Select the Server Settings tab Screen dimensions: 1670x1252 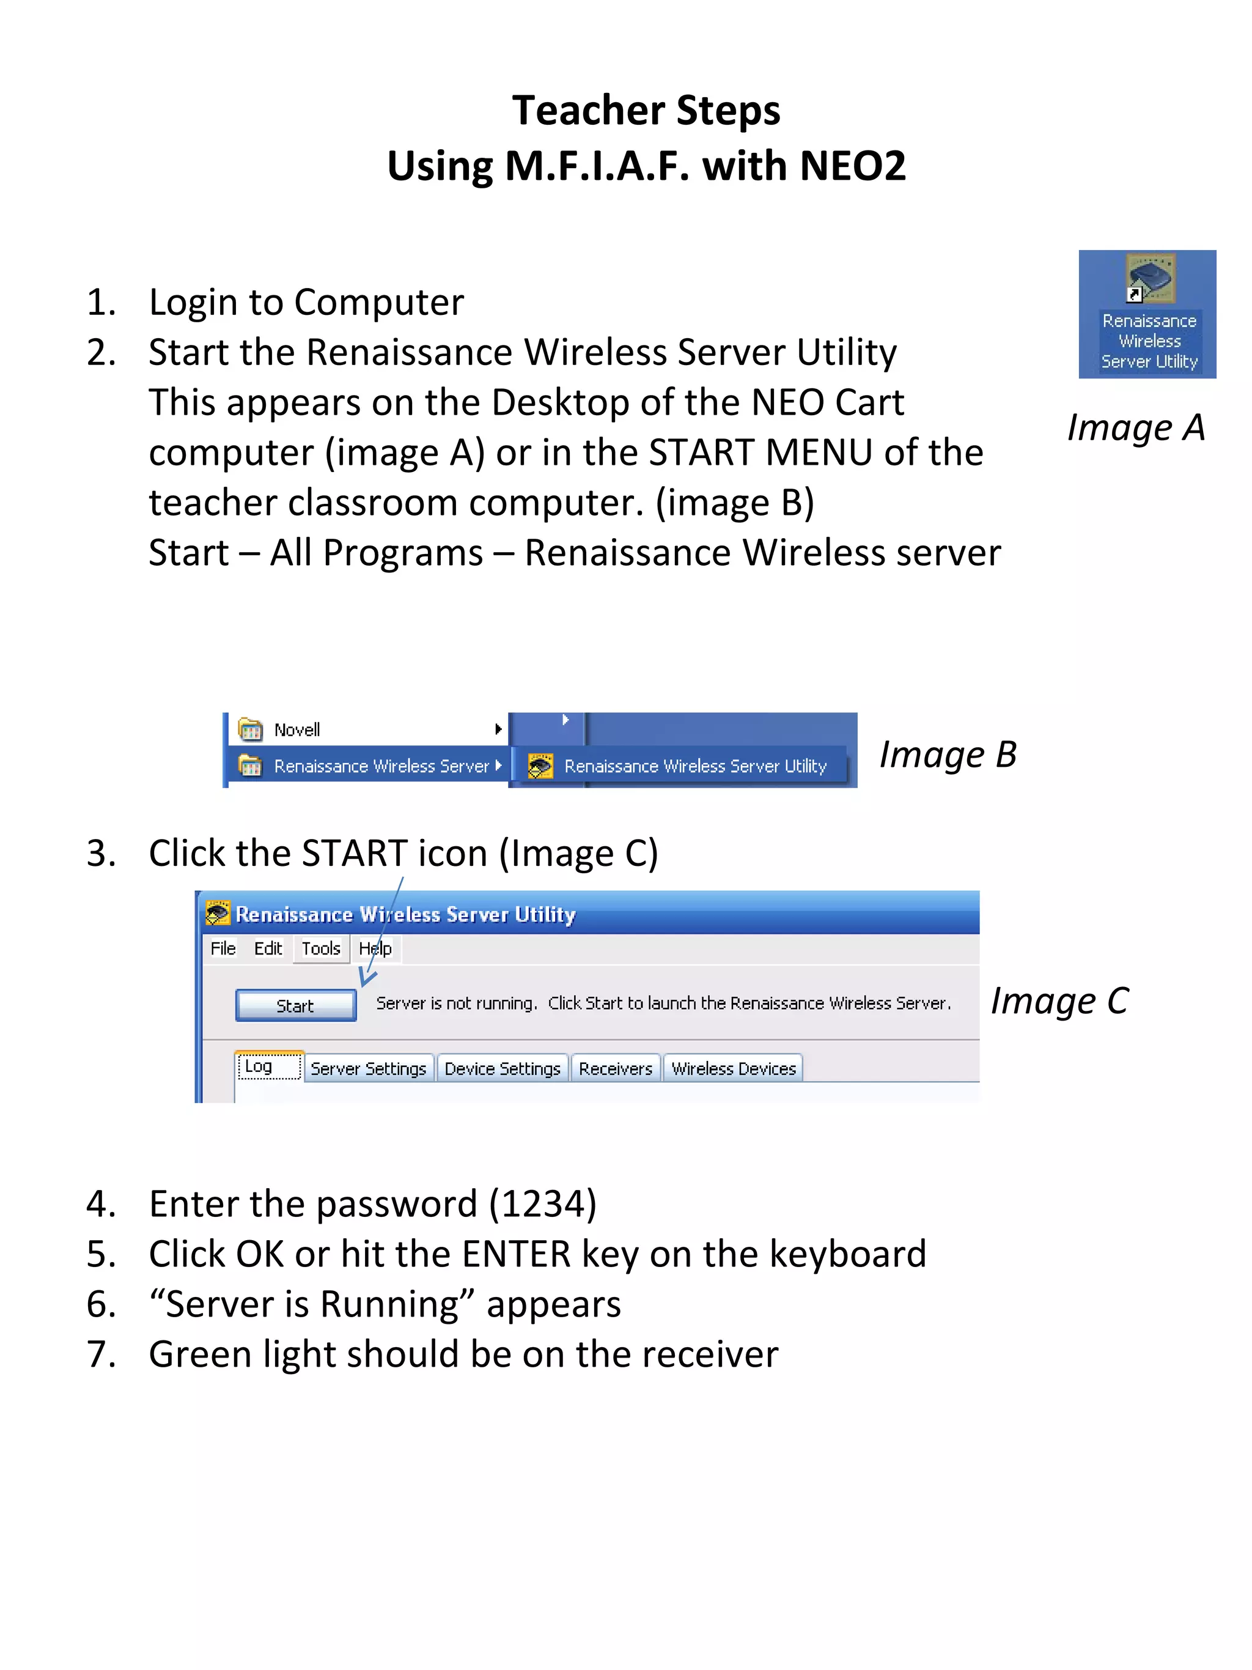pos(368,1068)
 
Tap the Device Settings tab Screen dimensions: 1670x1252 pos(502,1068)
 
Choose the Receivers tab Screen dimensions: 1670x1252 pos(615,1068)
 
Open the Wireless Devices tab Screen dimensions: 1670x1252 pos(733,1068)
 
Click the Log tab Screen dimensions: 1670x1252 pos(259,1066)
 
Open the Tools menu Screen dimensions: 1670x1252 pos(321,948)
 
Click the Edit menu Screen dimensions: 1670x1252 pos(268,948)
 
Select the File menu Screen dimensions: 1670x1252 pos(223,948)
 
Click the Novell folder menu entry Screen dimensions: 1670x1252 pos(296,730)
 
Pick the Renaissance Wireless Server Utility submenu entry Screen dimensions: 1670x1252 pos(694,766)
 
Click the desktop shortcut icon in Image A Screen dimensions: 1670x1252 pos(1149,280)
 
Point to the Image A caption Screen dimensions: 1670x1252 pos(1135,428)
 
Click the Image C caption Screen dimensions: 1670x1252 pos(1059,1001)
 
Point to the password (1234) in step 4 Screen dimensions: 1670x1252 pos(543,1203)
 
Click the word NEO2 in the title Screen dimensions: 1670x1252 pos(852,166)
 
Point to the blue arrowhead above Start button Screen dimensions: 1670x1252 pos(366,978)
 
